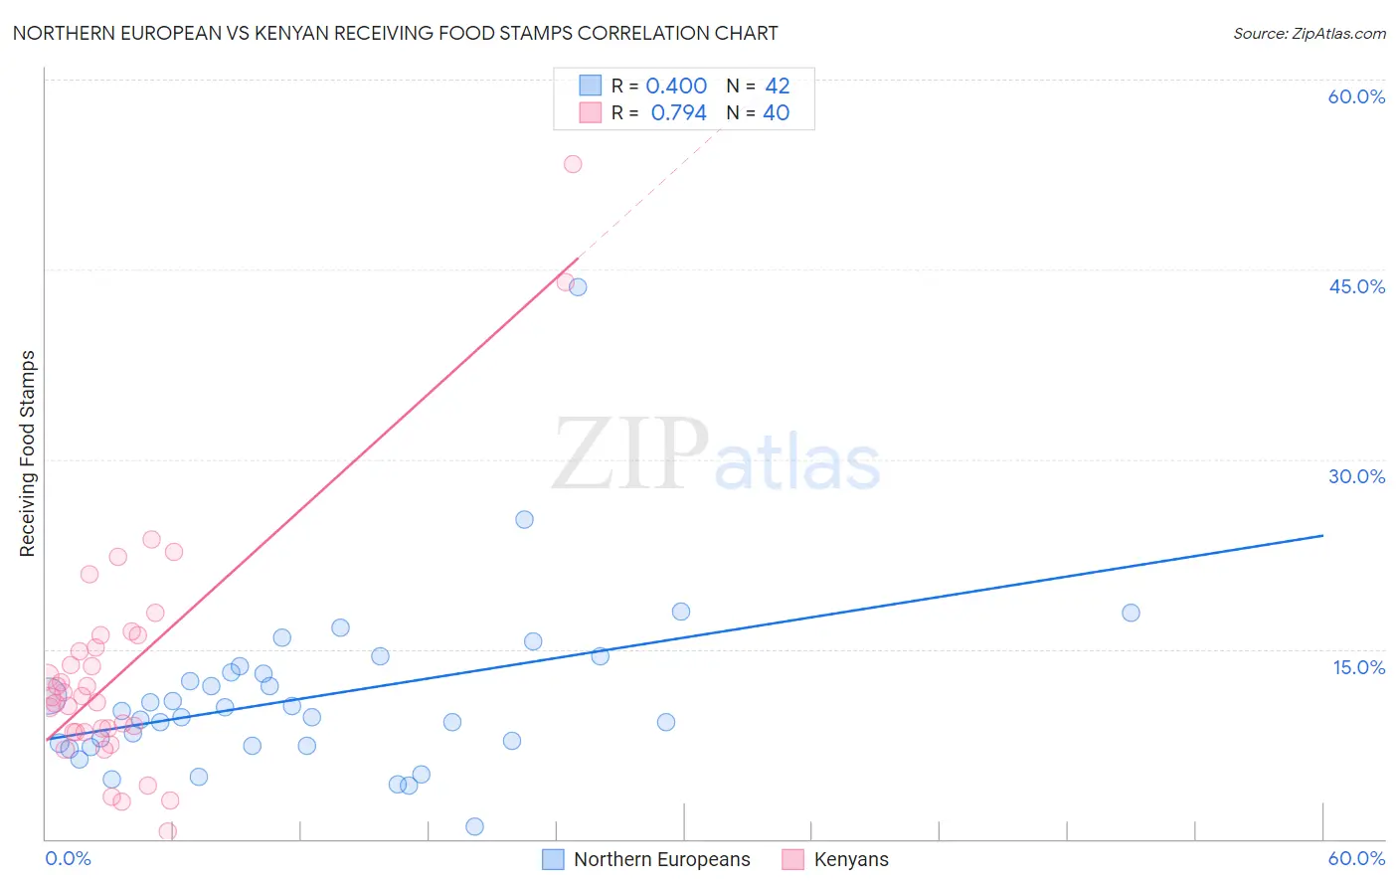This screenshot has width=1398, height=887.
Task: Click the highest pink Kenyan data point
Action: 573,164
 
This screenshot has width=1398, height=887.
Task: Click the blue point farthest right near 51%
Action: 1131,613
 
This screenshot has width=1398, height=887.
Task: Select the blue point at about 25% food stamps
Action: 524,519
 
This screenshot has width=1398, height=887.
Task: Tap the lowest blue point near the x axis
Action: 474,826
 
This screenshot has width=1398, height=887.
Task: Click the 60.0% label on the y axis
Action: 1356,96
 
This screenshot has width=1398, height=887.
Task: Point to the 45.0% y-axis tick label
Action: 1356,286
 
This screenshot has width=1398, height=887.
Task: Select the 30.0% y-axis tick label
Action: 1356,476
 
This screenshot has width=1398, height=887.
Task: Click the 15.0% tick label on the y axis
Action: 1358,667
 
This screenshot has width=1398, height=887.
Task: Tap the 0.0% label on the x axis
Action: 68,858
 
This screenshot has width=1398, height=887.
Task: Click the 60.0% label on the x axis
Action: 1356,858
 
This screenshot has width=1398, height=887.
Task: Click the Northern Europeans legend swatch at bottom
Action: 553,859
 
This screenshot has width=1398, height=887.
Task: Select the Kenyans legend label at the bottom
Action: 851,859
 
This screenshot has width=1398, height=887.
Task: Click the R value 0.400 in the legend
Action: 676,87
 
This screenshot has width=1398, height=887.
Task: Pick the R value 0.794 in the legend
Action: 678,113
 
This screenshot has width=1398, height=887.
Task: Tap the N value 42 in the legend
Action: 777,87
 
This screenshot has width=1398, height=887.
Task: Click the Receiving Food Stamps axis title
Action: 28,453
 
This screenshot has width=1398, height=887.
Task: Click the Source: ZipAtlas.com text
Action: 1309,34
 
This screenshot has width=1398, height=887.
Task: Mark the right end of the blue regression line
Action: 1322,535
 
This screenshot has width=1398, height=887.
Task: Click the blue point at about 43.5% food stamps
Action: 578,287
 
